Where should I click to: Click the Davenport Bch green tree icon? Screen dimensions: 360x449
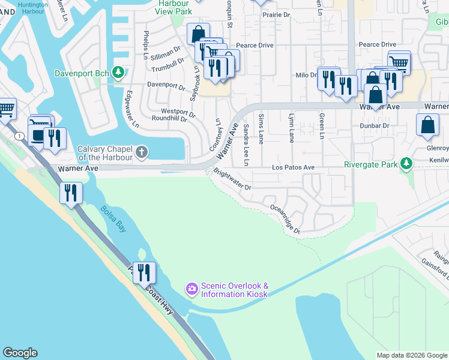pyautogui.click(x=119, y=73)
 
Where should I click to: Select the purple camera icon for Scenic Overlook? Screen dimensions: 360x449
pyautogui.click(x=192, y=290)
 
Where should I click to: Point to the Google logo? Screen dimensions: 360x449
pyautogui.click(x=20, y=353)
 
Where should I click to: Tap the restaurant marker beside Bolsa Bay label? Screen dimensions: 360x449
pyautogui.click(x=71, y=193)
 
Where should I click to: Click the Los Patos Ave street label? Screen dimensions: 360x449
pyautogui.click(x=293, y=167)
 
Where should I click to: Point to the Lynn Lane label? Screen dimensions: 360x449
pyautogui.click(x=292, y=128)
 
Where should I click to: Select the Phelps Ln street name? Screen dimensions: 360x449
pyautogui.click(x=145, y=44)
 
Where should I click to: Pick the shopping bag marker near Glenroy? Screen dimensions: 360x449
pyautogui.click(x=427, y=125)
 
